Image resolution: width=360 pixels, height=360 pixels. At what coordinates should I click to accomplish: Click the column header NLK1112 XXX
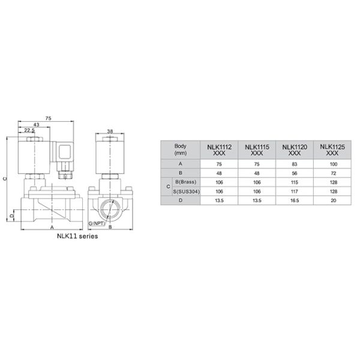pos(219,150)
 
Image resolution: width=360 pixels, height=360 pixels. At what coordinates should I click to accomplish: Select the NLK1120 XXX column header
pos(295,150)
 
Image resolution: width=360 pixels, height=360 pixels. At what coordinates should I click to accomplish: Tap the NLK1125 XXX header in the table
pos(331,150)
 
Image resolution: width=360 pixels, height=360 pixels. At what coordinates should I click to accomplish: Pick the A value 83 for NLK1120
pos(295,163)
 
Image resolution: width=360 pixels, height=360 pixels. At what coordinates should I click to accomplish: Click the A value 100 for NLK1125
pos(331,163)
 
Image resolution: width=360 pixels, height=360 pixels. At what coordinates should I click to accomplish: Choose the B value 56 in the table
pos(295,172)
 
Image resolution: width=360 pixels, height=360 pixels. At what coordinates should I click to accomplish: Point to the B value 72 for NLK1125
pos(331,172)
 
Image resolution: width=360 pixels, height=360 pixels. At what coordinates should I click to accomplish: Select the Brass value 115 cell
pos(295,182)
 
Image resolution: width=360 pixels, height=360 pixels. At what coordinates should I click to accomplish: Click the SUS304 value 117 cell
pos(295,191)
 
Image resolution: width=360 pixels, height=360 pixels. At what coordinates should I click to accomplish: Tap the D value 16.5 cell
pos(295,201)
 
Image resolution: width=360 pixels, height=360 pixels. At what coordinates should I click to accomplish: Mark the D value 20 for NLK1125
pos(331,201)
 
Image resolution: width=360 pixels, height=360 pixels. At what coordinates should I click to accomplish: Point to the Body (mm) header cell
pos(181,150)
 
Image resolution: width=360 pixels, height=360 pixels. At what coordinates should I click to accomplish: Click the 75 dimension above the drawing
pos(48,118)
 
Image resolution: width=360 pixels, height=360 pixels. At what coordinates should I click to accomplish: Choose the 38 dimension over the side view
pos(110,130)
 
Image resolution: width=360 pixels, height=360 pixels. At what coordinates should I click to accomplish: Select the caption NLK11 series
pos(76,236)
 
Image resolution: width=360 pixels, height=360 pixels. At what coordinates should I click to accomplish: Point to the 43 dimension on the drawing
pos(36,124)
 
